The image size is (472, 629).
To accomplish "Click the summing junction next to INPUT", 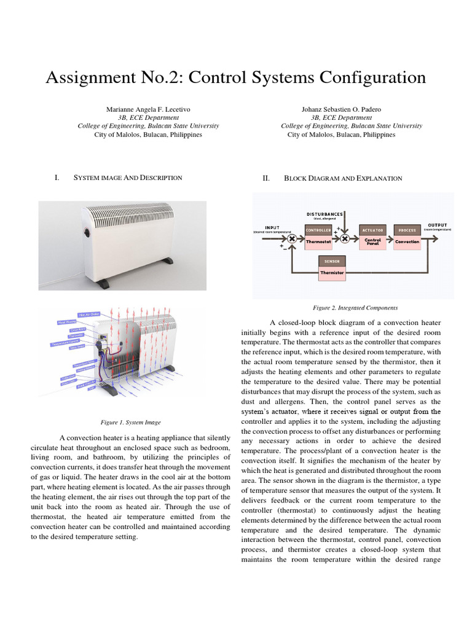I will pyautogui.click(x=292, y=238).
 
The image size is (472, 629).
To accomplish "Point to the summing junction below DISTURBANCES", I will pyautogui.click(x=345, y=238).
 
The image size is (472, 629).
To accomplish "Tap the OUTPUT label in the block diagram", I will pyautogui.click(x=438, y=225).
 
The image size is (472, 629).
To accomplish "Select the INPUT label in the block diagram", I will pyautogui.click(x=272, y=227).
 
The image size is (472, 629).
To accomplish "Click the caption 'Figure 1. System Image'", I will pyautogui.click(x=130, y=422).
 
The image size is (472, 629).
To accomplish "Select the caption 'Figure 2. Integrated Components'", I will pyautogui.click(x=355, y=307).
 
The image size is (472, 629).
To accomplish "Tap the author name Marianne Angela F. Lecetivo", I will pyautogui.click(x=148, y=109).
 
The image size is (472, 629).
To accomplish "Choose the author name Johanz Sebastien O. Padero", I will pyautogui.click(x=341, y=109).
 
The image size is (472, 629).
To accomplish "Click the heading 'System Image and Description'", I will pyautogui.click(x=128, y=178).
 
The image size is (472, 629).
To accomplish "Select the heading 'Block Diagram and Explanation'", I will pyautogui.click(x=343, y=178).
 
